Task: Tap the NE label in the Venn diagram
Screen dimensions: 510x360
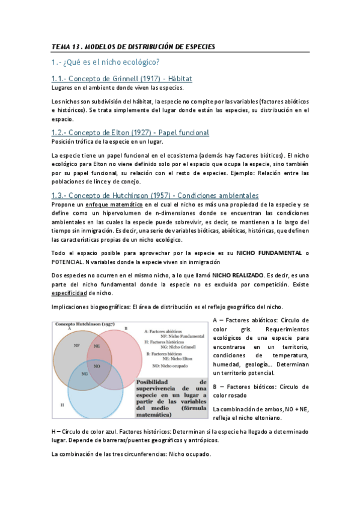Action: coord(97,346)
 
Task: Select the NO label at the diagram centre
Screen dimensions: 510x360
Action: coord(98,364)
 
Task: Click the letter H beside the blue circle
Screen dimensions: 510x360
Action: coord(62,405)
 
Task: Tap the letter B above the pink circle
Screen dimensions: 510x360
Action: coord(125,328)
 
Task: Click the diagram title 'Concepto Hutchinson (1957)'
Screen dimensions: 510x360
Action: coord(85,324)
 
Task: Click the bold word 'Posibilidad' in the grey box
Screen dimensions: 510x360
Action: coord(153,381)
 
